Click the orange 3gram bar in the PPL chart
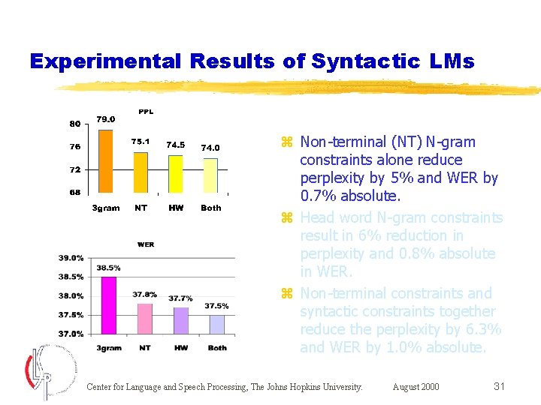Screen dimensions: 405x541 click(105, 161)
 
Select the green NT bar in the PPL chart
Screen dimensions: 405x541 click(141, 172)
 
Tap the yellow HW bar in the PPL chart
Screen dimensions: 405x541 click(175, 174)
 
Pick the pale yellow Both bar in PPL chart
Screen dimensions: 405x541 click(210, 175)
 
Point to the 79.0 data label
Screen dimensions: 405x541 click(106, 118)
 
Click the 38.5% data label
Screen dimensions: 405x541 click(108, 268)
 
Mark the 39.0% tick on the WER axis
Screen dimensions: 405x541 click(71, 257)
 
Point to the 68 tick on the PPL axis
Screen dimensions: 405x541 click(75, 193)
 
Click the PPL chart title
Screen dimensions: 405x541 click(146, 112)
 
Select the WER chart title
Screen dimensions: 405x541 click(146, 244)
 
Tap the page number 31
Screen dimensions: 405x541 click(499, 386)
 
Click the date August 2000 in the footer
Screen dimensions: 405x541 click(416, 387)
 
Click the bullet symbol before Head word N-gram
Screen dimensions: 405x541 click(286, 218)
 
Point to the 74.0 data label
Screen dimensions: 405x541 click(210, 148)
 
